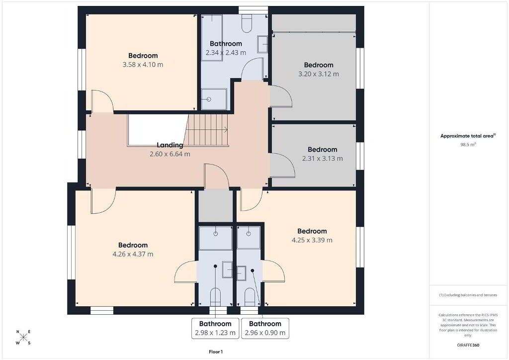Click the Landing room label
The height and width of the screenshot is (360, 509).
[170, 145]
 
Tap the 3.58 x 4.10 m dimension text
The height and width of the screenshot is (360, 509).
[143, 65]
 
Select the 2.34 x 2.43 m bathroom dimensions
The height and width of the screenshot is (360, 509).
[226, 53]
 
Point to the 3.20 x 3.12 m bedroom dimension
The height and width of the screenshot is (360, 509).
[319, 74]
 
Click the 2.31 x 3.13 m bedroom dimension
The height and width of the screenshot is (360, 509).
[322, 159]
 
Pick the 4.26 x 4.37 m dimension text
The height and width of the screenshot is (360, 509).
[133, 254]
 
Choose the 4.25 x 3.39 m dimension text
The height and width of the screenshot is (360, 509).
[312, 240]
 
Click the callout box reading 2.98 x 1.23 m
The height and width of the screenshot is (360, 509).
[215, 328]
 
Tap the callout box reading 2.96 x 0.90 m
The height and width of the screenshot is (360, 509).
[265, 328]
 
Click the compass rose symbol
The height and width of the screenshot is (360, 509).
[23, 337]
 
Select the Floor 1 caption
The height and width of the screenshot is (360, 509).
[216, 352]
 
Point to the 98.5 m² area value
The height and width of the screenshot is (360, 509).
[468, 145]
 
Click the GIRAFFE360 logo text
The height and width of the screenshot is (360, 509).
[468, 345]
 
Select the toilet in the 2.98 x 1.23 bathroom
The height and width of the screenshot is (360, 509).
[215, 297]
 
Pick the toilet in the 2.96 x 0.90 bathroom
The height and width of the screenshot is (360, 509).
[250, 297]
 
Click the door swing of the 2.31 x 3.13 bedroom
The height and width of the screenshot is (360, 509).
[282, 166]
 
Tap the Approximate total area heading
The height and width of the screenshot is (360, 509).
[468, 136]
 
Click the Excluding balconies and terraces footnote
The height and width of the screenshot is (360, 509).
[468, 295]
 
